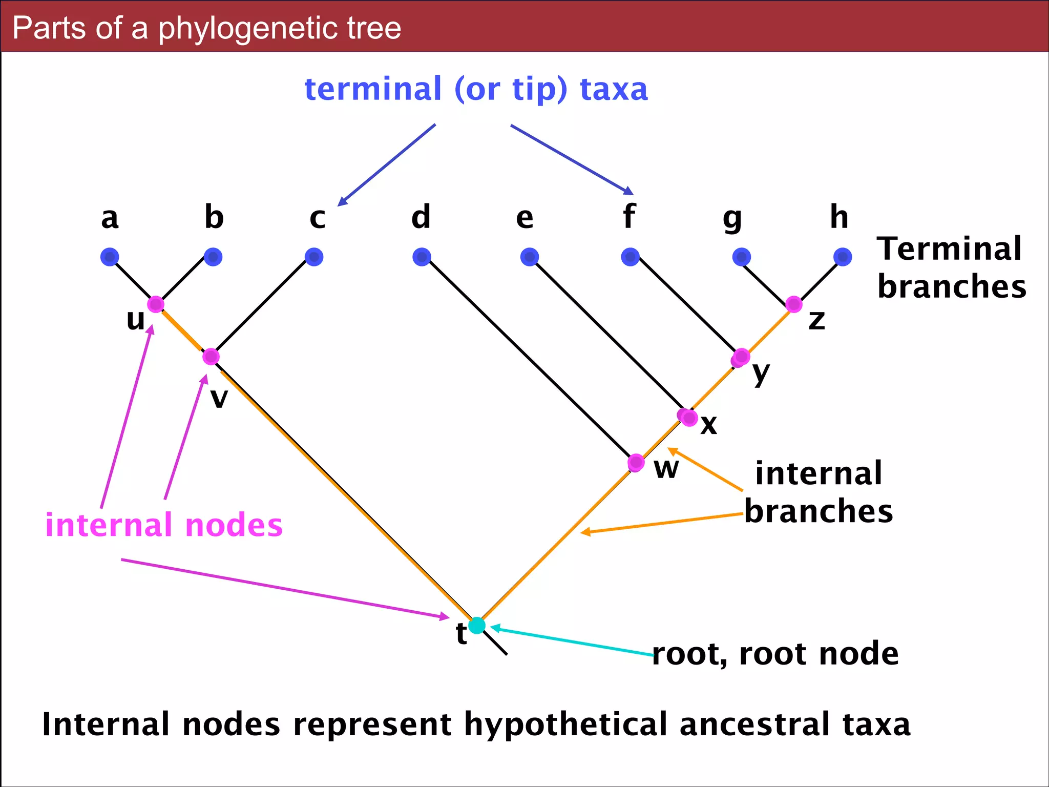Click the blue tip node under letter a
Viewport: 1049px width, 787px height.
[x=110, y=257]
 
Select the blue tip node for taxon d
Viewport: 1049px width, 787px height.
[x=422, y=257]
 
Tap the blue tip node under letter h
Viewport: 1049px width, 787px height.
[x=843, y=257]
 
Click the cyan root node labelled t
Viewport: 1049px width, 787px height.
[x=477, y=625]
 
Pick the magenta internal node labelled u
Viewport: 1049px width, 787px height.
[x=155, y=304]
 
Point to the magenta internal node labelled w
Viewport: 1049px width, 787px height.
[x=636, y=462]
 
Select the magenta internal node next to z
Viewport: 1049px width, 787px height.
[x=793, y=304]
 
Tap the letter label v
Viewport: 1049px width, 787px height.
[x=219, y=399]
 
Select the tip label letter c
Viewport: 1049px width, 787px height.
[x=317, y=218]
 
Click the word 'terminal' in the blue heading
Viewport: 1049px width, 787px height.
[x=373, y=89]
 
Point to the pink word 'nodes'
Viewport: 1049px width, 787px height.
[x=234, y=526]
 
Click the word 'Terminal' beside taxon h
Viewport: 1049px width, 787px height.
[x=949, y=250]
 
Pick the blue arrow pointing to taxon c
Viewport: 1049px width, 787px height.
[x=387, y=165]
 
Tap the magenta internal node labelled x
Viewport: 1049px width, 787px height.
[x=688, y=417]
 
